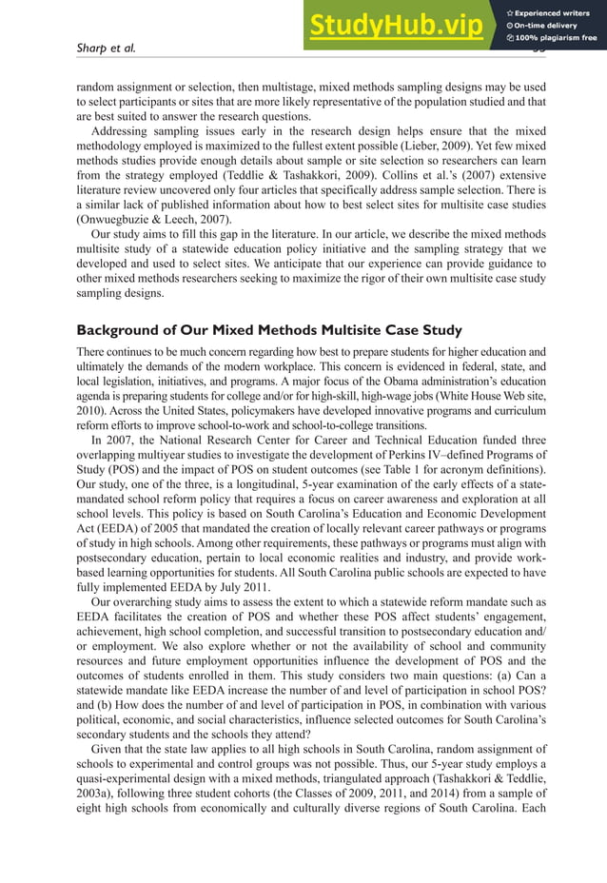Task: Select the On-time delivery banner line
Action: (x=552, y=26)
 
